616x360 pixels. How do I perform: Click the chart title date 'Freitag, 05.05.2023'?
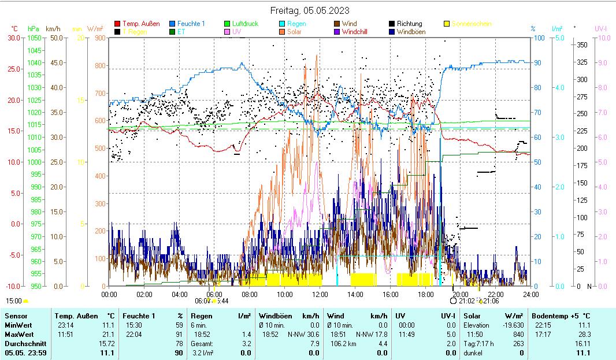pyautogui.click(x=310, y=10)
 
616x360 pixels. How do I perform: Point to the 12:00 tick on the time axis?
pyautogui.click(x=320, y=294)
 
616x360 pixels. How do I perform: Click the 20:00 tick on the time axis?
pyautogui.click(x=460, y=294)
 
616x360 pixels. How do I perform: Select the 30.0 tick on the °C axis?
pyautogui.click(x=13, y=38)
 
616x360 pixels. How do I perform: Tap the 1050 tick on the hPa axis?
pyautogui.click(x=34, y=38)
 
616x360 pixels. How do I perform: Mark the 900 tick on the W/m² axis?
pyautogui.click(x=99, y=38)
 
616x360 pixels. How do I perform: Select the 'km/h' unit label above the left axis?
pyautogui.click(x=53, y=28)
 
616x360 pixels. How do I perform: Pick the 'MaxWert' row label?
pyautogui.click(x=19, y=334)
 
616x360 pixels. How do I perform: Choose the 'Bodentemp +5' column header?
pyautogui.click(x=554, y=316)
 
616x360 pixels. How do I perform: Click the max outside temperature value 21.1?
pyautogui.click(x=108, y=334)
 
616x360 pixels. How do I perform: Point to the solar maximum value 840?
pyautogui.click(x=518, y=334)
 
